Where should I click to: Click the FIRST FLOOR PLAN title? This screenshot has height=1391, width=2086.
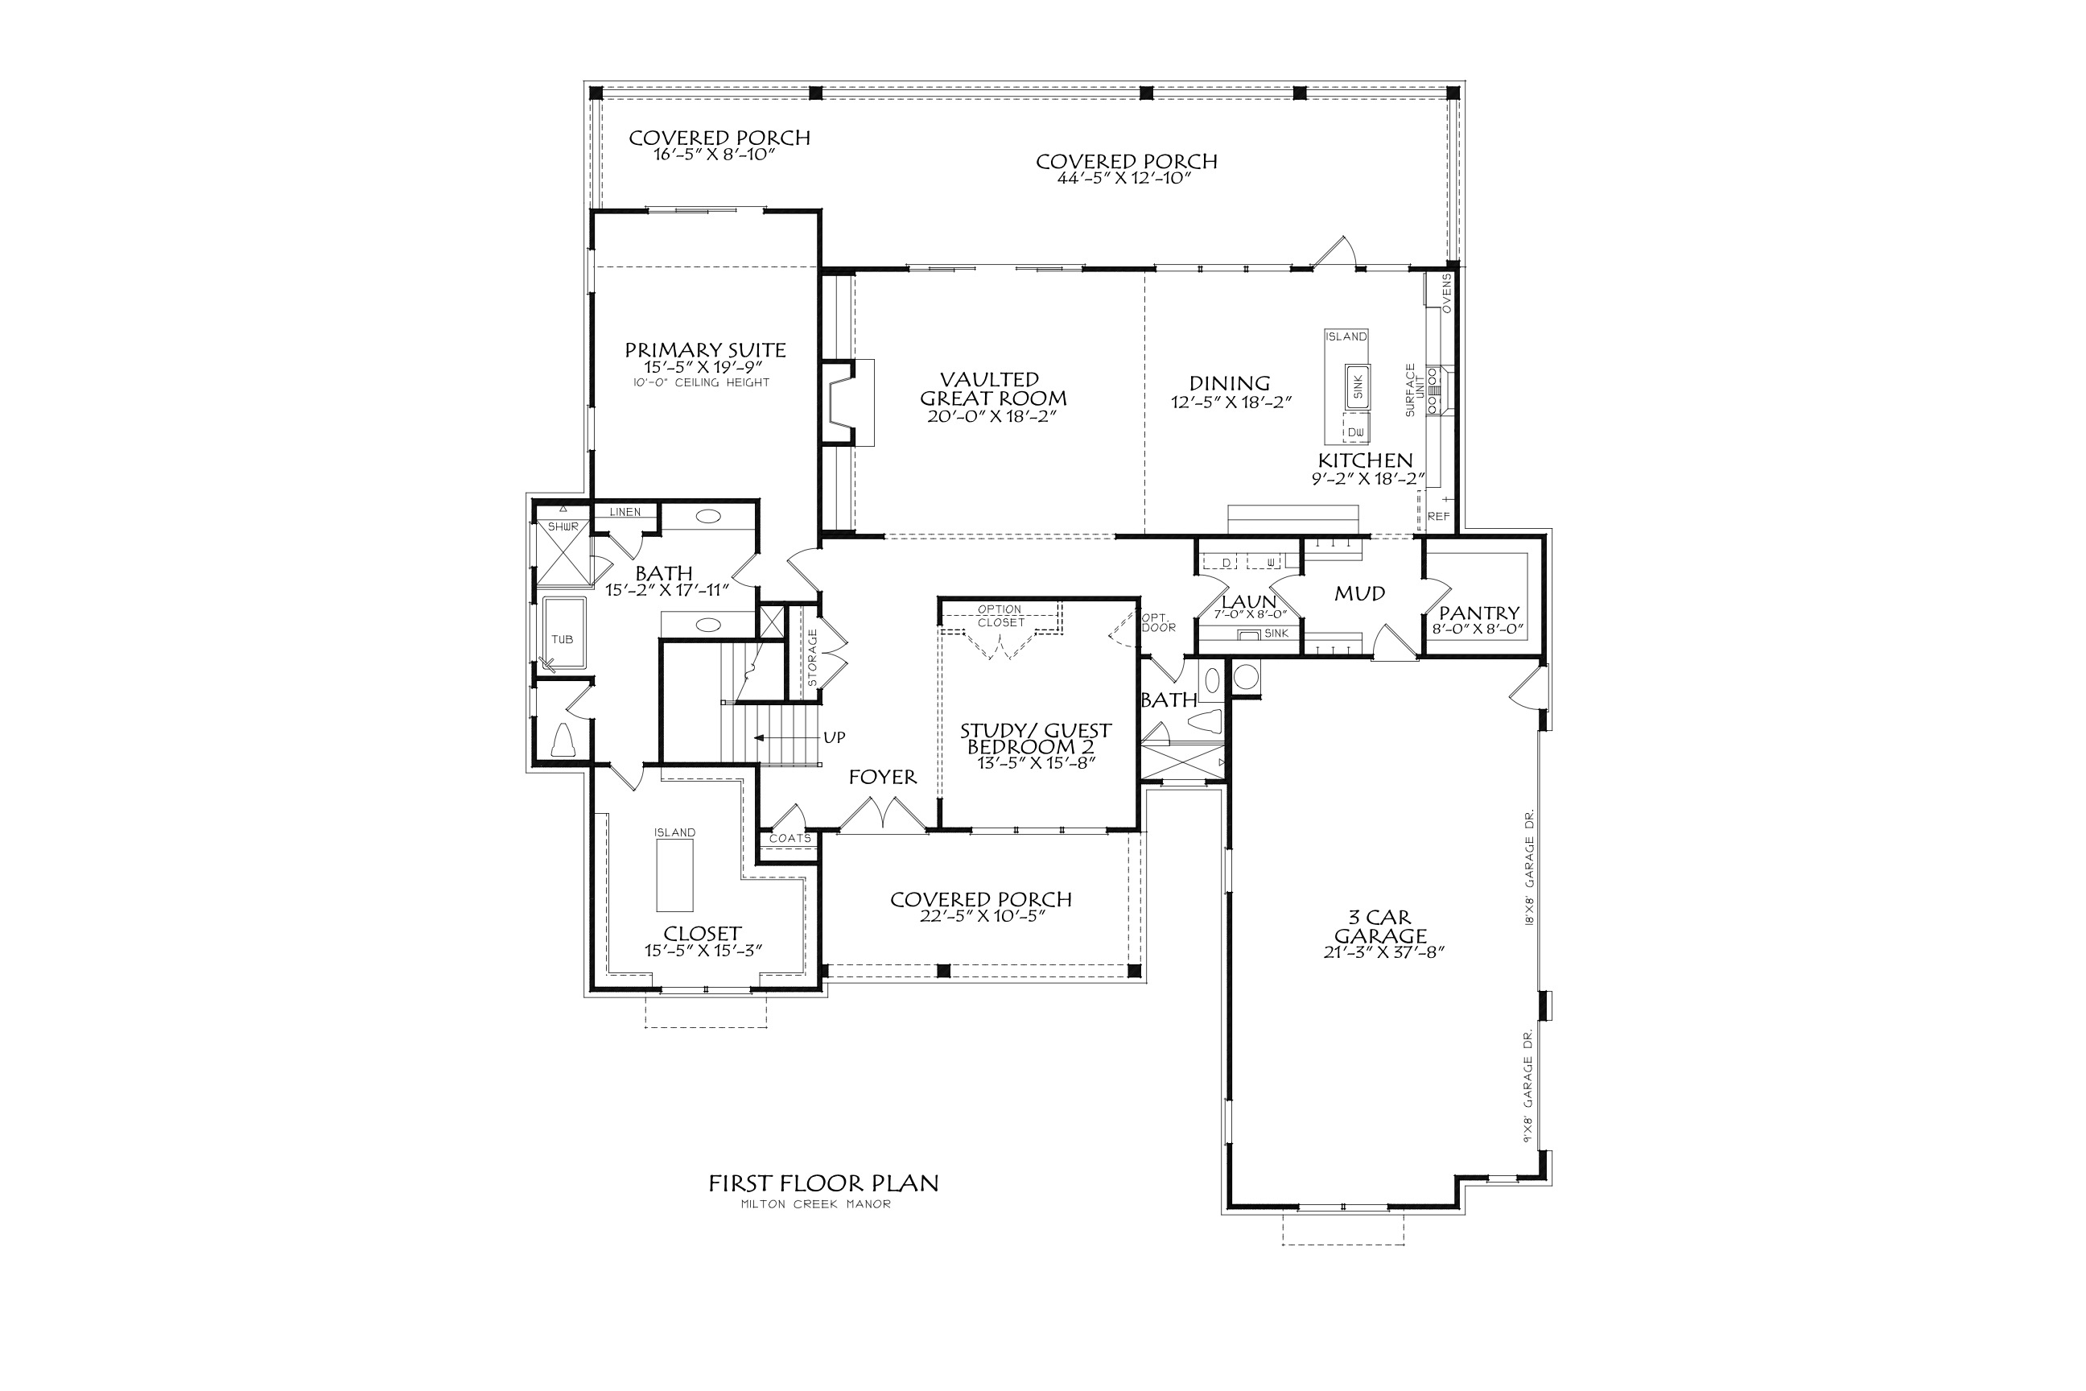823,1183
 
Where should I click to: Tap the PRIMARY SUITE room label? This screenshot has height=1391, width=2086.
705,350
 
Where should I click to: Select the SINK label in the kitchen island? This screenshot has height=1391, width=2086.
1357,386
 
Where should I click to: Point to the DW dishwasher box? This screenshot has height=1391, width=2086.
1355,432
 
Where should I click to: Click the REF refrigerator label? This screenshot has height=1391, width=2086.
1439,516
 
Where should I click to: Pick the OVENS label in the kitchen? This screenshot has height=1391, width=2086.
1446,293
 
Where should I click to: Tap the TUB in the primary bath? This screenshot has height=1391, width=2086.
563,638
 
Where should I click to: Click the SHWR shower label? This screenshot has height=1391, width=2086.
563,527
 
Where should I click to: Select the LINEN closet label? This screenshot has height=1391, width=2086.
625,513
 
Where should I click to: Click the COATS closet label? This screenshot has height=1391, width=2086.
789,838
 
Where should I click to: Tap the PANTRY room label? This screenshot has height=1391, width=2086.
1478,613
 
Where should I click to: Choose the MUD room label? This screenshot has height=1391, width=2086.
1359,593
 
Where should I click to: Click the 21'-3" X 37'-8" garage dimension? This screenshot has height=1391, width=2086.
1380,953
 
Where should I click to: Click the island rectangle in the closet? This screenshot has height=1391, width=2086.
675,875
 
